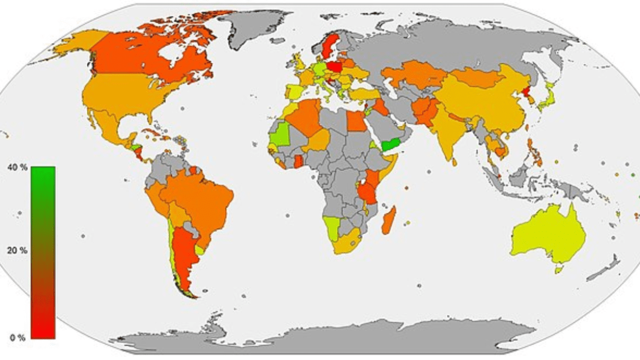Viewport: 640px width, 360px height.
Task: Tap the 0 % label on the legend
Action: (x=16, y=338)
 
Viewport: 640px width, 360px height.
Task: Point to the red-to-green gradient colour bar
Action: (x=43, y=252)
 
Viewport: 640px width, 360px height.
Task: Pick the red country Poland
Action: (x=335, y=67)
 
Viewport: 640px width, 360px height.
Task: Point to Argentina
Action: (x=184, y=257)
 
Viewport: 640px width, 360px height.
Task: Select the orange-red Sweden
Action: (x=330, y=47)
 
